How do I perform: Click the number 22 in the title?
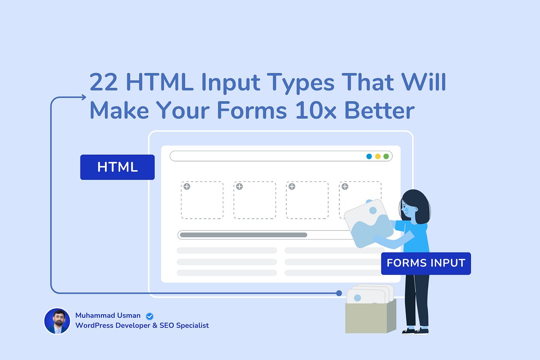(x=104, y=82)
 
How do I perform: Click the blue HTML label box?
(x=117, y=167)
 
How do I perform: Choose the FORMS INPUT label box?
(x=426, y=263)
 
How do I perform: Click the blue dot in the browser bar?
(x=369, y=156)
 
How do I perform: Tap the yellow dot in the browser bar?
(x=378, y=156)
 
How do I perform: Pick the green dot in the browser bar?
(x=386, y=156)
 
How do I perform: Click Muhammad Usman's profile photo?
(x=57, y=321)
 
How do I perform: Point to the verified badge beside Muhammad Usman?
(x=149, y=316)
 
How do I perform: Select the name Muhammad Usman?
(x=108, y=316)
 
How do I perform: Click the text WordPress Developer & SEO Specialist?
(x=142, y=325)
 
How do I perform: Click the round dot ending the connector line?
(x=339, y=293)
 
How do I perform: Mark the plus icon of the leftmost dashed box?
(x=187, y=186)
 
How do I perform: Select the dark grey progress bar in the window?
(x=243, y=235)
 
